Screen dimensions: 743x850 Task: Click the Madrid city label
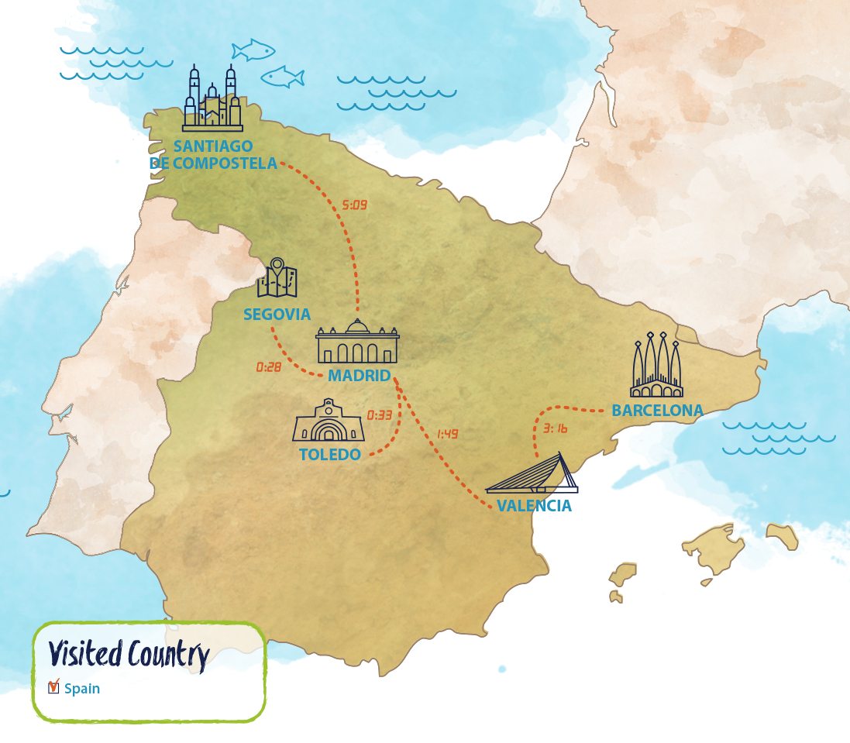click(x=359, y=376)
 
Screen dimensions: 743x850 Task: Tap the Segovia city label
click(x=277, y=315)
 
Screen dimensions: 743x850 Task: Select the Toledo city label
click(x=330, y=455)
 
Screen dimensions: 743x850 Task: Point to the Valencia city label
click(x=534, y=506)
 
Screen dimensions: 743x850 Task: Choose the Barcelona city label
click(x=657, y=411)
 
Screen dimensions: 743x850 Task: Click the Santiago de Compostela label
click(x=213, y=155)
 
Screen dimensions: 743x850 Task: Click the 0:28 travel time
click(x=268, y=367)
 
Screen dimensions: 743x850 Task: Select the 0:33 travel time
click(x=380, y=415)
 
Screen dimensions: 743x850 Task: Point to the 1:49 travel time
click(x=447, y=434)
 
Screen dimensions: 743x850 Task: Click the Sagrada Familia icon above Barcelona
click(x=657, y=364)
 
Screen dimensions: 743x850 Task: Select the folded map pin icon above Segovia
click(x=277, y=278)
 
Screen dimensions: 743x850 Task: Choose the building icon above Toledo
click(x=329, y=421)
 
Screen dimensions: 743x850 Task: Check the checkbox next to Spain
click(x=53, y=687)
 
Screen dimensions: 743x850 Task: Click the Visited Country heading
click(x=129, y=655)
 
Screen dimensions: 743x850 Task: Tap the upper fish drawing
click(x=253, y=50)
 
